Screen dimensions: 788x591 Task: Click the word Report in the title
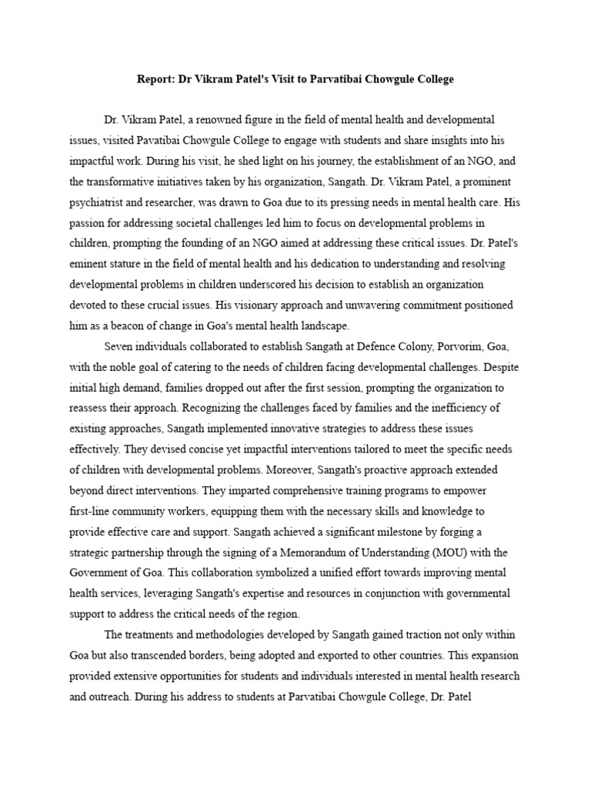point(155,80)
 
